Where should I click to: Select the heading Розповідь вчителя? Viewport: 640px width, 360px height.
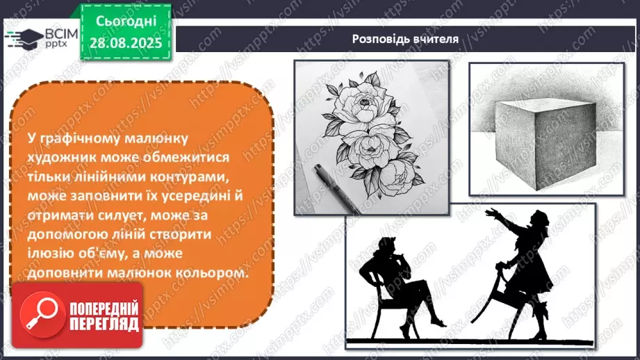pos(405,39)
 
